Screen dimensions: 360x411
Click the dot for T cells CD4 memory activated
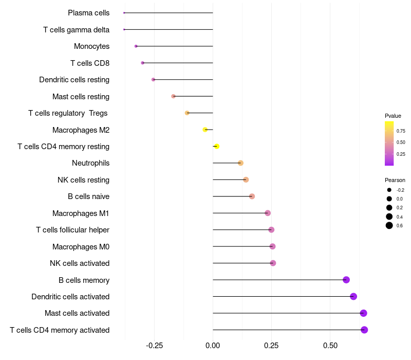[364, 330]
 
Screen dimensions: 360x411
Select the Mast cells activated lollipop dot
[363, 313]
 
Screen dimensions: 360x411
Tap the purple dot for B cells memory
[346, 280]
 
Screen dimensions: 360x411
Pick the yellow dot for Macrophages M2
[205, 130]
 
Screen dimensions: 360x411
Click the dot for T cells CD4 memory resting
[216, 147]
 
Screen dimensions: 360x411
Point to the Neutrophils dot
[240, 163]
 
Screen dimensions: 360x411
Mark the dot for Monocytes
[136, 46]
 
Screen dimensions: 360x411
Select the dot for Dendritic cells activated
[353, 296]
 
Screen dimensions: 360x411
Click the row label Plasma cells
[88, 13]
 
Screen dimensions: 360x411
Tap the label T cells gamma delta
[76, 30]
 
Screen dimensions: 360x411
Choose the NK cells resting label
[83, 180]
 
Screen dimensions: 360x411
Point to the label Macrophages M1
[81, 213]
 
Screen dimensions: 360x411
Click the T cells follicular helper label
[72, 230]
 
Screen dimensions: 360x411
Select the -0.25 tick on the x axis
[154, 345]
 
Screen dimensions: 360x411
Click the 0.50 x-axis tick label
[330, 345]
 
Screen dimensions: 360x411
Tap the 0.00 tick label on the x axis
[213, 345]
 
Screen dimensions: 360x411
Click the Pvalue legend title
[393, 116]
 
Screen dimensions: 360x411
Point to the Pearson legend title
[395, 180]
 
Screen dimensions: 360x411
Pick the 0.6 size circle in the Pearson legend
[389, 225]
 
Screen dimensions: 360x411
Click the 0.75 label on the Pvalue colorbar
[401, 131]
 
